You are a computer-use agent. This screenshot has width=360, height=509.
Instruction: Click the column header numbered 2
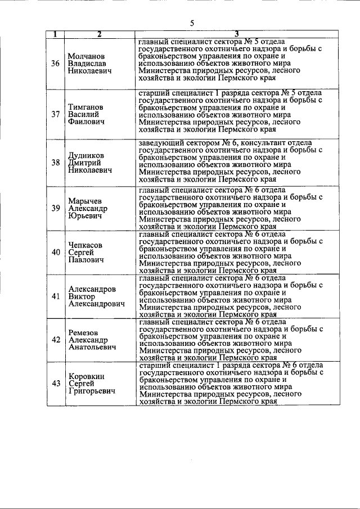(99, 35)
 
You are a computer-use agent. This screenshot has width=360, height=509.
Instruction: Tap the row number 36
(56, 64)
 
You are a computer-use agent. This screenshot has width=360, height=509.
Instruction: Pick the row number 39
(56, 208)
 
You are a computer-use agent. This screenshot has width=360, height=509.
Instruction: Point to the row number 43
(56, 384)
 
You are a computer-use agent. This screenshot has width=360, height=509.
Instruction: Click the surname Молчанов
(87, 56)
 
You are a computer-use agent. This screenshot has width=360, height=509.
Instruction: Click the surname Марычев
(85, 201)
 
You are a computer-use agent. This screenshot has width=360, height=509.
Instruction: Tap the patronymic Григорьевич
(92, 391)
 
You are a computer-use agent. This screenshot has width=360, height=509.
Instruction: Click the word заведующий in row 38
(161, 142)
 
